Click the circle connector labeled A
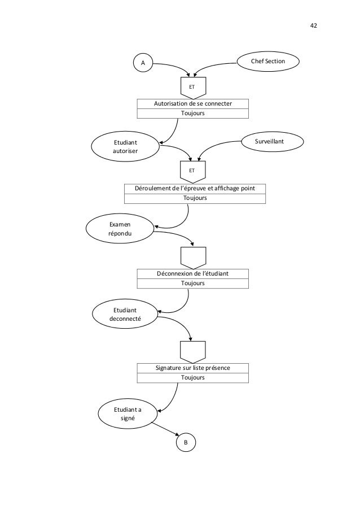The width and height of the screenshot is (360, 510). [x=143, y=63]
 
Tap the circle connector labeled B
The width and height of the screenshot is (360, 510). [x=186, y=442]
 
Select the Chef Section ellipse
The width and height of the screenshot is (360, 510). [x=268, y=61]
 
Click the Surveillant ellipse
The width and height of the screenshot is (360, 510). [x=273, y=142]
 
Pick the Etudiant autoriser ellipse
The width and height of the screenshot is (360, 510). [x=125, y=147]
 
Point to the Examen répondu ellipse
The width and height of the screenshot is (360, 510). [x=120, y=229]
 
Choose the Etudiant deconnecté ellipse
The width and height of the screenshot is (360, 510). [x=125, y=314]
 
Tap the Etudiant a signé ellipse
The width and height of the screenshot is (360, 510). [x=128, y=414]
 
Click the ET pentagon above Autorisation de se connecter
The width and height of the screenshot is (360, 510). [x=194, y=88]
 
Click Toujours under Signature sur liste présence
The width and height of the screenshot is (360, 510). [x=193, y=378]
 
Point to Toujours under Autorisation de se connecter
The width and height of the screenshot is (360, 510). [x=193, y=113]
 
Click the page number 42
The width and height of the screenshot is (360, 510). [x=314, y=25]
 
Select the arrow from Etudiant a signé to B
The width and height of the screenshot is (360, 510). [x=165, y=429]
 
